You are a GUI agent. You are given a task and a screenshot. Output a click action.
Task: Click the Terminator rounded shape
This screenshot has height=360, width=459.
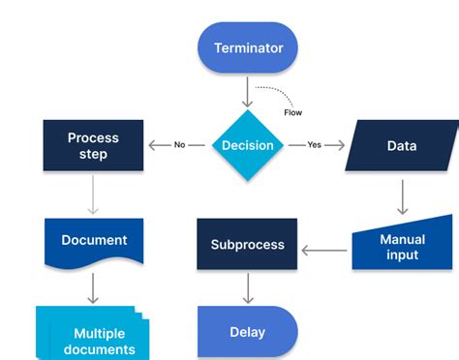point(248,47)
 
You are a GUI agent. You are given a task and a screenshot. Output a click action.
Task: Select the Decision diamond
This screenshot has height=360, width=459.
point(248,146)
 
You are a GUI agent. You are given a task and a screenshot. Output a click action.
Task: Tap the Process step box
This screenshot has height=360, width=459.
point(93,145)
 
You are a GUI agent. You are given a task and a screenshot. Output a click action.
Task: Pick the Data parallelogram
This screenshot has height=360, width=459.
point(402,146)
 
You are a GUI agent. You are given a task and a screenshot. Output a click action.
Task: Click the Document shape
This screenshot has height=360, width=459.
point(94,241)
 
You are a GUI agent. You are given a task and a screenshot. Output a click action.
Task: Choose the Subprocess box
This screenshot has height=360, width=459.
point(248,245)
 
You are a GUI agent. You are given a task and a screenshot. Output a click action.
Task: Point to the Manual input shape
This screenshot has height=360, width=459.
point(402,245)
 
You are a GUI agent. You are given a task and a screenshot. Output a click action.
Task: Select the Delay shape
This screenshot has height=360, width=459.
point(247,332)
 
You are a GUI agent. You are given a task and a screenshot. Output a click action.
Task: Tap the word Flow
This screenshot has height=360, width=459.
point(292,111)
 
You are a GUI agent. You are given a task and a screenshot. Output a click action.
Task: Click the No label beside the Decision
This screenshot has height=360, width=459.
point(179,146)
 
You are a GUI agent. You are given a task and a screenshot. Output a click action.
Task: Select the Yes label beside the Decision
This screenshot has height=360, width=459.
point(315,146)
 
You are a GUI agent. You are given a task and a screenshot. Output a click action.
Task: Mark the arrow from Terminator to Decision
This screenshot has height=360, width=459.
point(248,93)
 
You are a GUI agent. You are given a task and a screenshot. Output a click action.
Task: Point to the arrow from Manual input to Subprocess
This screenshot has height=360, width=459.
point(324,250)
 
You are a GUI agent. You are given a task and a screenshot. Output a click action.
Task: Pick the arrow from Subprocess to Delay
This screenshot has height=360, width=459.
point(248,287)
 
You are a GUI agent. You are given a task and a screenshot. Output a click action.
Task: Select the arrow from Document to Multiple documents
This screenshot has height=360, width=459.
point(93,287)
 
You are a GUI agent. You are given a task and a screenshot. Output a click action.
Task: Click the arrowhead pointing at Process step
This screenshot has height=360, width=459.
point(153,146)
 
